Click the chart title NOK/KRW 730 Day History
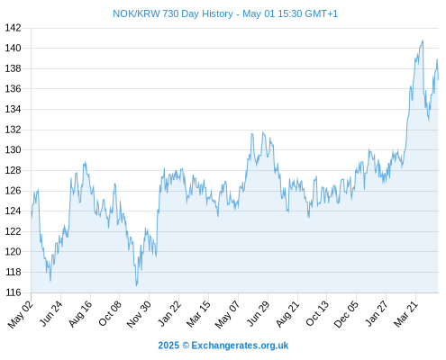pyautogui.click(x=173, y=13)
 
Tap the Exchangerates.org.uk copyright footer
pyautogui.click(x=223, y=346)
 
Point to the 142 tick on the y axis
pyautogui.click(x=13, y=28)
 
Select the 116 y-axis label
pyautogui.click(x=13, y=292)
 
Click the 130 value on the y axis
pyautogui.click(x=13, y=149)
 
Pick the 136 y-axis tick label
pyautogui.click(x=13, y=89)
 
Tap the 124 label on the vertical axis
pyautogui.click(x=13, y=211)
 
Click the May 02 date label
pyautogui.click(x=20, y=314)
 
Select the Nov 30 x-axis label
pyautogui.click(x=139, y=314)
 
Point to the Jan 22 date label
pyautogui.click(x=169, y=313)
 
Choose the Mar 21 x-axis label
pyautogui.click(x=405, y=314)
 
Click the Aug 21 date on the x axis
pyautogui.click(x=287, y=314)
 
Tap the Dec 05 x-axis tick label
pyautogui.click(x=346, y=314)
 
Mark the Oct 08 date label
pyautogui.click(x=110, y=313)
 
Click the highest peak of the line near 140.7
pyautogui.click(x=423, y=40)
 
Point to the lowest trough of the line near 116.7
pyautogui.click(x=137, y=285)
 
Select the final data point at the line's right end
pyautogui.click(x=439, y=79)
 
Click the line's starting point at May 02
pyautogui.click(x=32, y=212)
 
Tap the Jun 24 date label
pyautogui.click(x=51, y=313)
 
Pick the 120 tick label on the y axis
pyautogui.click(x=13, y=252)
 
